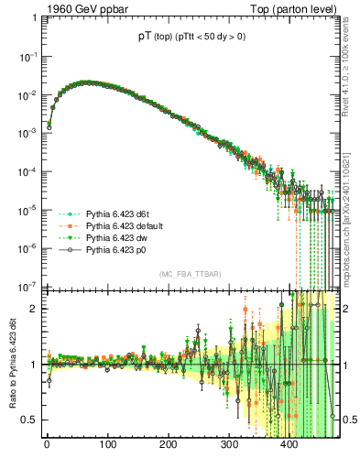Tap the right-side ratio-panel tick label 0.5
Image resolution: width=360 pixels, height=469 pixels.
point(348,420)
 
